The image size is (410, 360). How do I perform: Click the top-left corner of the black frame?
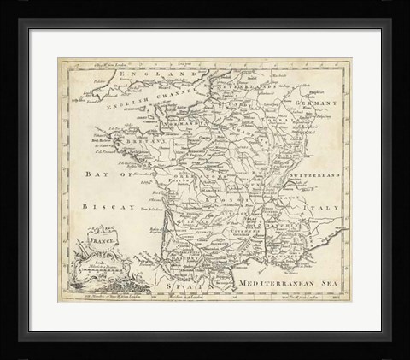[x=3, y=3]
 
